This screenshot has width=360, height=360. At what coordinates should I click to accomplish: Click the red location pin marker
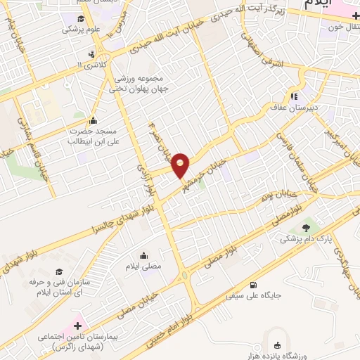(x=181, y=165)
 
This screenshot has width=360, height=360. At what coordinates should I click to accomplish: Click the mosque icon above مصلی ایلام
(x=144, y=255)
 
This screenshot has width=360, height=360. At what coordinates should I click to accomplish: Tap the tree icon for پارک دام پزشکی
(x=306, y=226)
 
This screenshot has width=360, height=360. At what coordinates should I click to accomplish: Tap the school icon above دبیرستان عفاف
(x=293, y=96)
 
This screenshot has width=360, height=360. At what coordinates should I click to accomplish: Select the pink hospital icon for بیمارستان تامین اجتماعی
(x=77, y=326)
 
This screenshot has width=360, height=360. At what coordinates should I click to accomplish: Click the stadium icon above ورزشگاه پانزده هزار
(x=276, y=345)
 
